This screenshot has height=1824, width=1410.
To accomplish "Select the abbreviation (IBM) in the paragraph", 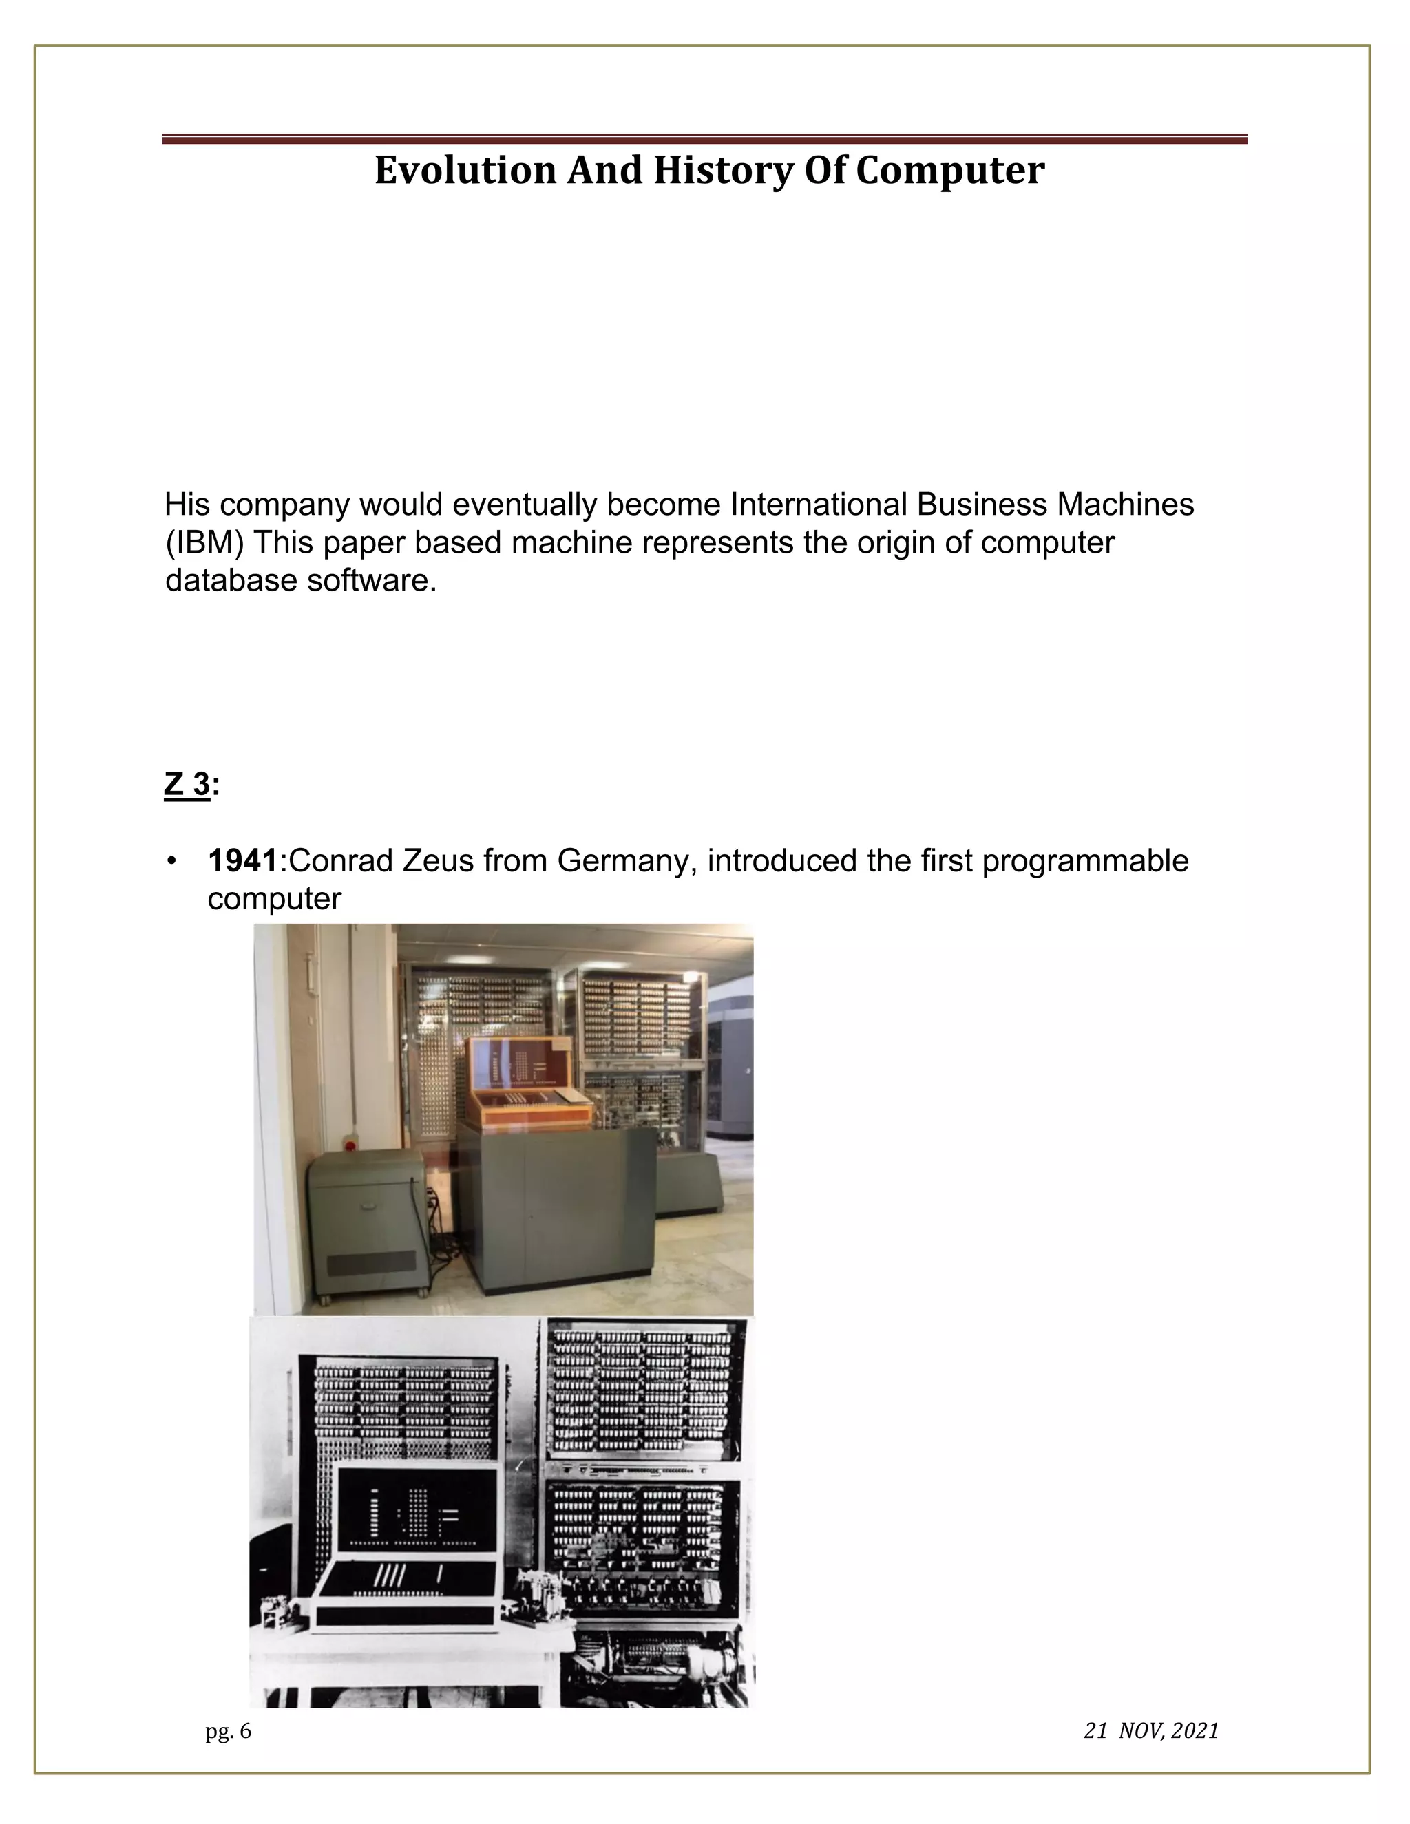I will click(204, 543).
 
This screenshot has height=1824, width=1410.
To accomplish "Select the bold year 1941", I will click(242, 861).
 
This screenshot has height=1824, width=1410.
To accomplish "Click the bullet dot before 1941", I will click(172, 861).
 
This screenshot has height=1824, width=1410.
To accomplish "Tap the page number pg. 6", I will click(228, 1731).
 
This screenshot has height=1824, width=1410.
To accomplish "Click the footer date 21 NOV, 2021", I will click(1151, 1731).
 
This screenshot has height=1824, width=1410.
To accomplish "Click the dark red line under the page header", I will click(704, 140).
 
